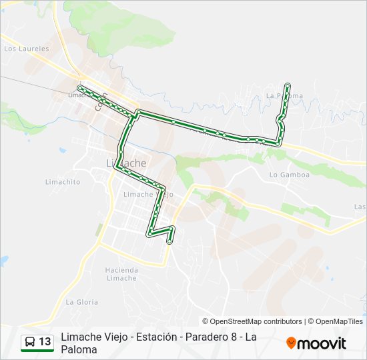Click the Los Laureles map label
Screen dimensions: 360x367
click(x=27, y=49)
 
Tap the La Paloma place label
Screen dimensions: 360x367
click(x=284, y=96)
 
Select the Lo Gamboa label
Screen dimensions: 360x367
click(x=290, y=175)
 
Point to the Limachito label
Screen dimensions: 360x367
click(x=62, y=182)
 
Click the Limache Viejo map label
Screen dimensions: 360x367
click(x=148, y=194)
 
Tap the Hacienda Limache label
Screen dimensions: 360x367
click(x=121, y=274)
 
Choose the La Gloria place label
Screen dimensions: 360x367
click(x=82, y=302)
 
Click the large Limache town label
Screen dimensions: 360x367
click(x=127, y=163)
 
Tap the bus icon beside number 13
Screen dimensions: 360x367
click(x=30, y=342)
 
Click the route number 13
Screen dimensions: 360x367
click(x=45, y=342)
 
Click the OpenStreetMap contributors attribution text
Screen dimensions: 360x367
click(x=252, y=321)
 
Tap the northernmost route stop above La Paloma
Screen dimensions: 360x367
click(x=288, y=85)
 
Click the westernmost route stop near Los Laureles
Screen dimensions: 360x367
click(x=79, y=87)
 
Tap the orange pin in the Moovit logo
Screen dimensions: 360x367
click(x=291, y=343)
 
